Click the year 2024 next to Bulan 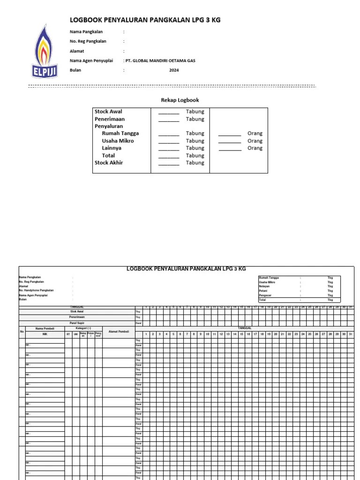coord(174,70)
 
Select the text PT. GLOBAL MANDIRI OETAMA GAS coord(160,60)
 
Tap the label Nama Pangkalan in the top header coord(86,32)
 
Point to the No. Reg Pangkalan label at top coord(88,41)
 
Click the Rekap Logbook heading coord(180,100)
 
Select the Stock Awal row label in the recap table coord(108,112)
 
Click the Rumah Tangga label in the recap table coord(120,133)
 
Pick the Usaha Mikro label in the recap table coord(118,141)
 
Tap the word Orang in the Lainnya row coord(255,148)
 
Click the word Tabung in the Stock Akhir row coord(195,163)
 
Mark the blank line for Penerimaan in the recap coord(169,120)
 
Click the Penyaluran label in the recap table coord(109,126)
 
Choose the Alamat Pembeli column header coord(119,331)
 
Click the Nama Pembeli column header coord(45,329)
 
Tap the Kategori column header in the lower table coord(83,329)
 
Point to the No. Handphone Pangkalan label coord(36,291)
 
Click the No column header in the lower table coord(22,331)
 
